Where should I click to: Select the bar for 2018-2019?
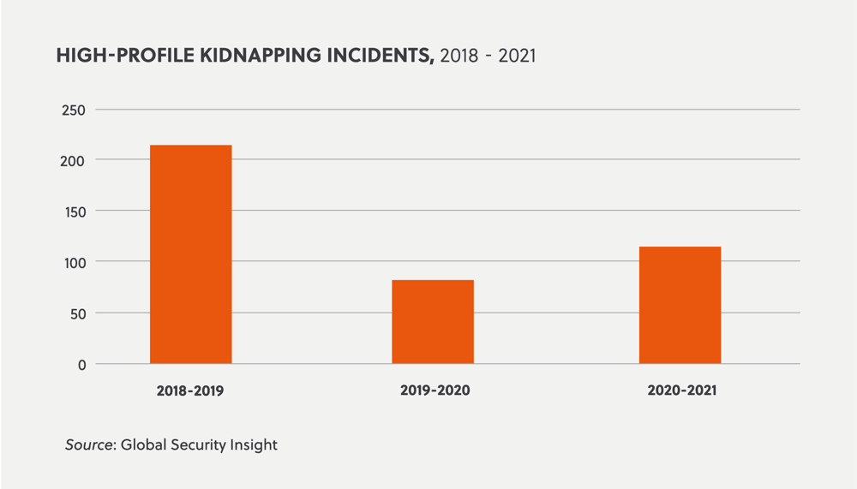[x=190, y=254]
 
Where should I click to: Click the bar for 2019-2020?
[x=433, y=322]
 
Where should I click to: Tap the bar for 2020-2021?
[x=680, y=305]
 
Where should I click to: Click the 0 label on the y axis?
[x=81, y=364]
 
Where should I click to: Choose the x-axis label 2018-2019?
[x=190, y=391]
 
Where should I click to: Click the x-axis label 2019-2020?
[x=435, y=391]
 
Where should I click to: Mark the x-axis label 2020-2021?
[x=681, y=391]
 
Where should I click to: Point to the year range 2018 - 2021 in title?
[x=487, y=57]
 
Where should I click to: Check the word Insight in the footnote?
[x=256, y=445]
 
